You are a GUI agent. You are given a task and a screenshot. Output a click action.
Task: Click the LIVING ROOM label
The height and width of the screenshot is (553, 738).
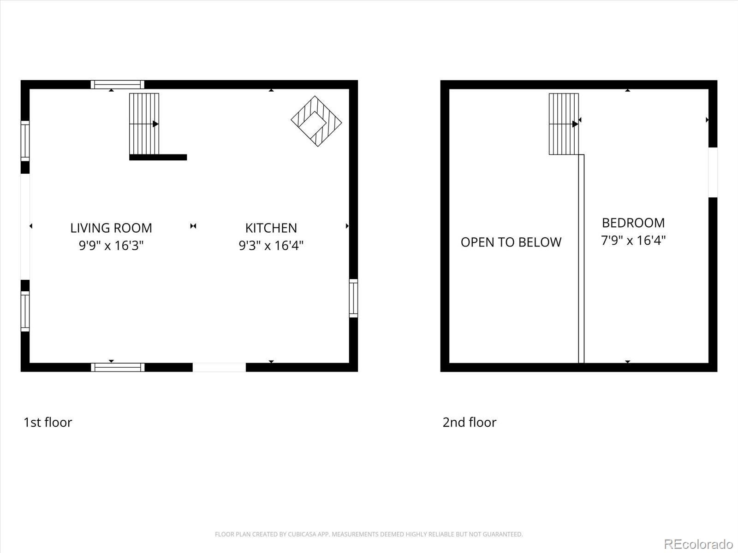coord(111,228)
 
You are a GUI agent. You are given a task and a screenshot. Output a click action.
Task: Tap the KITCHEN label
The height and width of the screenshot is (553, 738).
coord(271,228)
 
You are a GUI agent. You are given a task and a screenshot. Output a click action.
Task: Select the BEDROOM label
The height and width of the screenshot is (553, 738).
coord(633,223)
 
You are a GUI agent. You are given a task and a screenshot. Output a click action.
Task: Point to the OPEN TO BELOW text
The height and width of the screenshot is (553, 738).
coord(511,242)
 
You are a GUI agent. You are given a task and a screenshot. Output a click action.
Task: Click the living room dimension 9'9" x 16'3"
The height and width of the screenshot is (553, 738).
coord(111,245)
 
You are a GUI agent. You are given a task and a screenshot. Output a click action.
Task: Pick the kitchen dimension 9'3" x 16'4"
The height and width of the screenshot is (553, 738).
coord(271,245)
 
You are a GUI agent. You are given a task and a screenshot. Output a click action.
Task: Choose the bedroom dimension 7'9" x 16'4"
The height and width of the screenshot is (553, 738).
coord(633,240)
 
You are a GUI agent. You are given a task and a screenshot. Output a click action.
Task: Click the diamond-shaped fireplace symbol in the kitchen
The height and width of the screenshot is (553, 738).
coord(316,121)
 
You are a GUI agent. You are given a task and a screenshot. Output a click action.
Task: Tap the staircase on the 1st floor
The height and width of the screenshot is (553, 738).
coord(144,124)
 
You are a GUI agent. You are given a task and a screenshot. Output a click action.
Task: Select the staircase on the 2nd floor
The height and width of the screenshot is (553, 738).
coord(564,124)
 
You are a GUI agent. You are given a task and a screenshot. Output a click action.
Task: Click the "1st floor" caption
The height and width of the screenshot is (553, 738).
coord(48,422)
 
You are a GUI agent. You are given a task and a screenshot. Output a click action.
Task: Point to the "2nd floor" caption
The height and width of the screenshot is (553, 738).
coord(470,422)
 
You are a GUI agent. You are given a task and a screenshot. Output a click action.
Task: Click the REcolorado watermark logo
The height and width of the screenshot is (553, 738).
coord(698,544)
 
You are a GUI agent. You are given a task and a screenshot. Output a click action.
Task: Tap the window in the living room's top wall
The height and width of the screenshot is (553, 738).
coord(118,84)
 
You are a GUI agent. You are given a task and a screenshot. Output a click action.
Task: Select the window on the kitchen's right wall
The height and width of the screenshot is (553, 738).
coord(353,298)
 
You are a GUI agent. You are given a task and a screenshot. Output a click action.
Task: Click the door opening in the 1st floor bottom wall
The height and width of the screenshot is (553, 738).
coord(219,367)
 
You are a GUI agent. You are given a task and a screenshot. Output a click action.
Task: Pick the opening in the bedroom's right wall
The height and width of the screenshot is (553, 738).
coord(713,172)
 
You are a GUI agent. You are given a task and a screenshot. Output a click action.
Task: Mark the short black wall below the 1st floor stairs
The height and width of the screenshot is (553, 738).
coord(158,157)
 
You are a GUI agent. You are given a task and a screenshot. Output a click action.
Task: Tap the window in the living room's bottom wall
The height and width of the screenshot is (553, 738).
coord(118,367)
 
